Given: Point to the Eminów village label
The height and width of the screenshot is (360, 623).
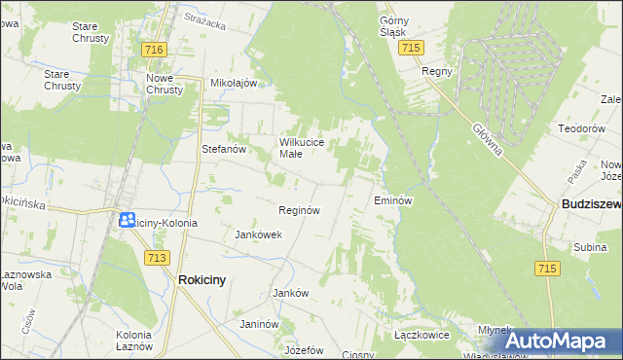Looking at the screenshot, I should pyautogui.click(x=394, y=200).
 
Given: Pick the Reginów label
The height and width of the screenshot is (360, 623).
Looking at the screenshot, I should pyautogui.click(x=300, y=210).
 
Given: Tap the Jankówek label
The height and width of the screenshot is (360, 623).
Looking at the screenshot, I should pyautogui.click(x=259, y=234).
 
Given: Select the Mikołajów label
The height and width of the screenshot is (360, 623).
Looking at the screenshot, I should pyautogui.click(x=234, y=83).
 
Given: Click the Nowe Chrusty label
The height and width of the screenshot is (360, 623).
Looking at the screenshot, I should pyautogui.click(x=165, y=84).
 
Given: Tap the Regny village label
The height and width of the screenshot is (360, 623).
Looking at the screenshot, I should pyautogui.click(x=434, y=71).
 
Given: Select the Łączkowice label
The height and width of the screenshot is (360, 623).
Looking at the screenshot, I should pyautogui.click(x=421, y=334).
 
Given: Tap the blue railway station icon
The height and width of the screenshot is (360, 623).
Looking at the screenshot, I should pyautogui.click(x=128, y=220).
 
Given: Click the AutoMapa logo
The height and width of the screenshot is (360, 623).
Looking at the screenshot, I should pyautogui.click(x=560, y=342).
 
